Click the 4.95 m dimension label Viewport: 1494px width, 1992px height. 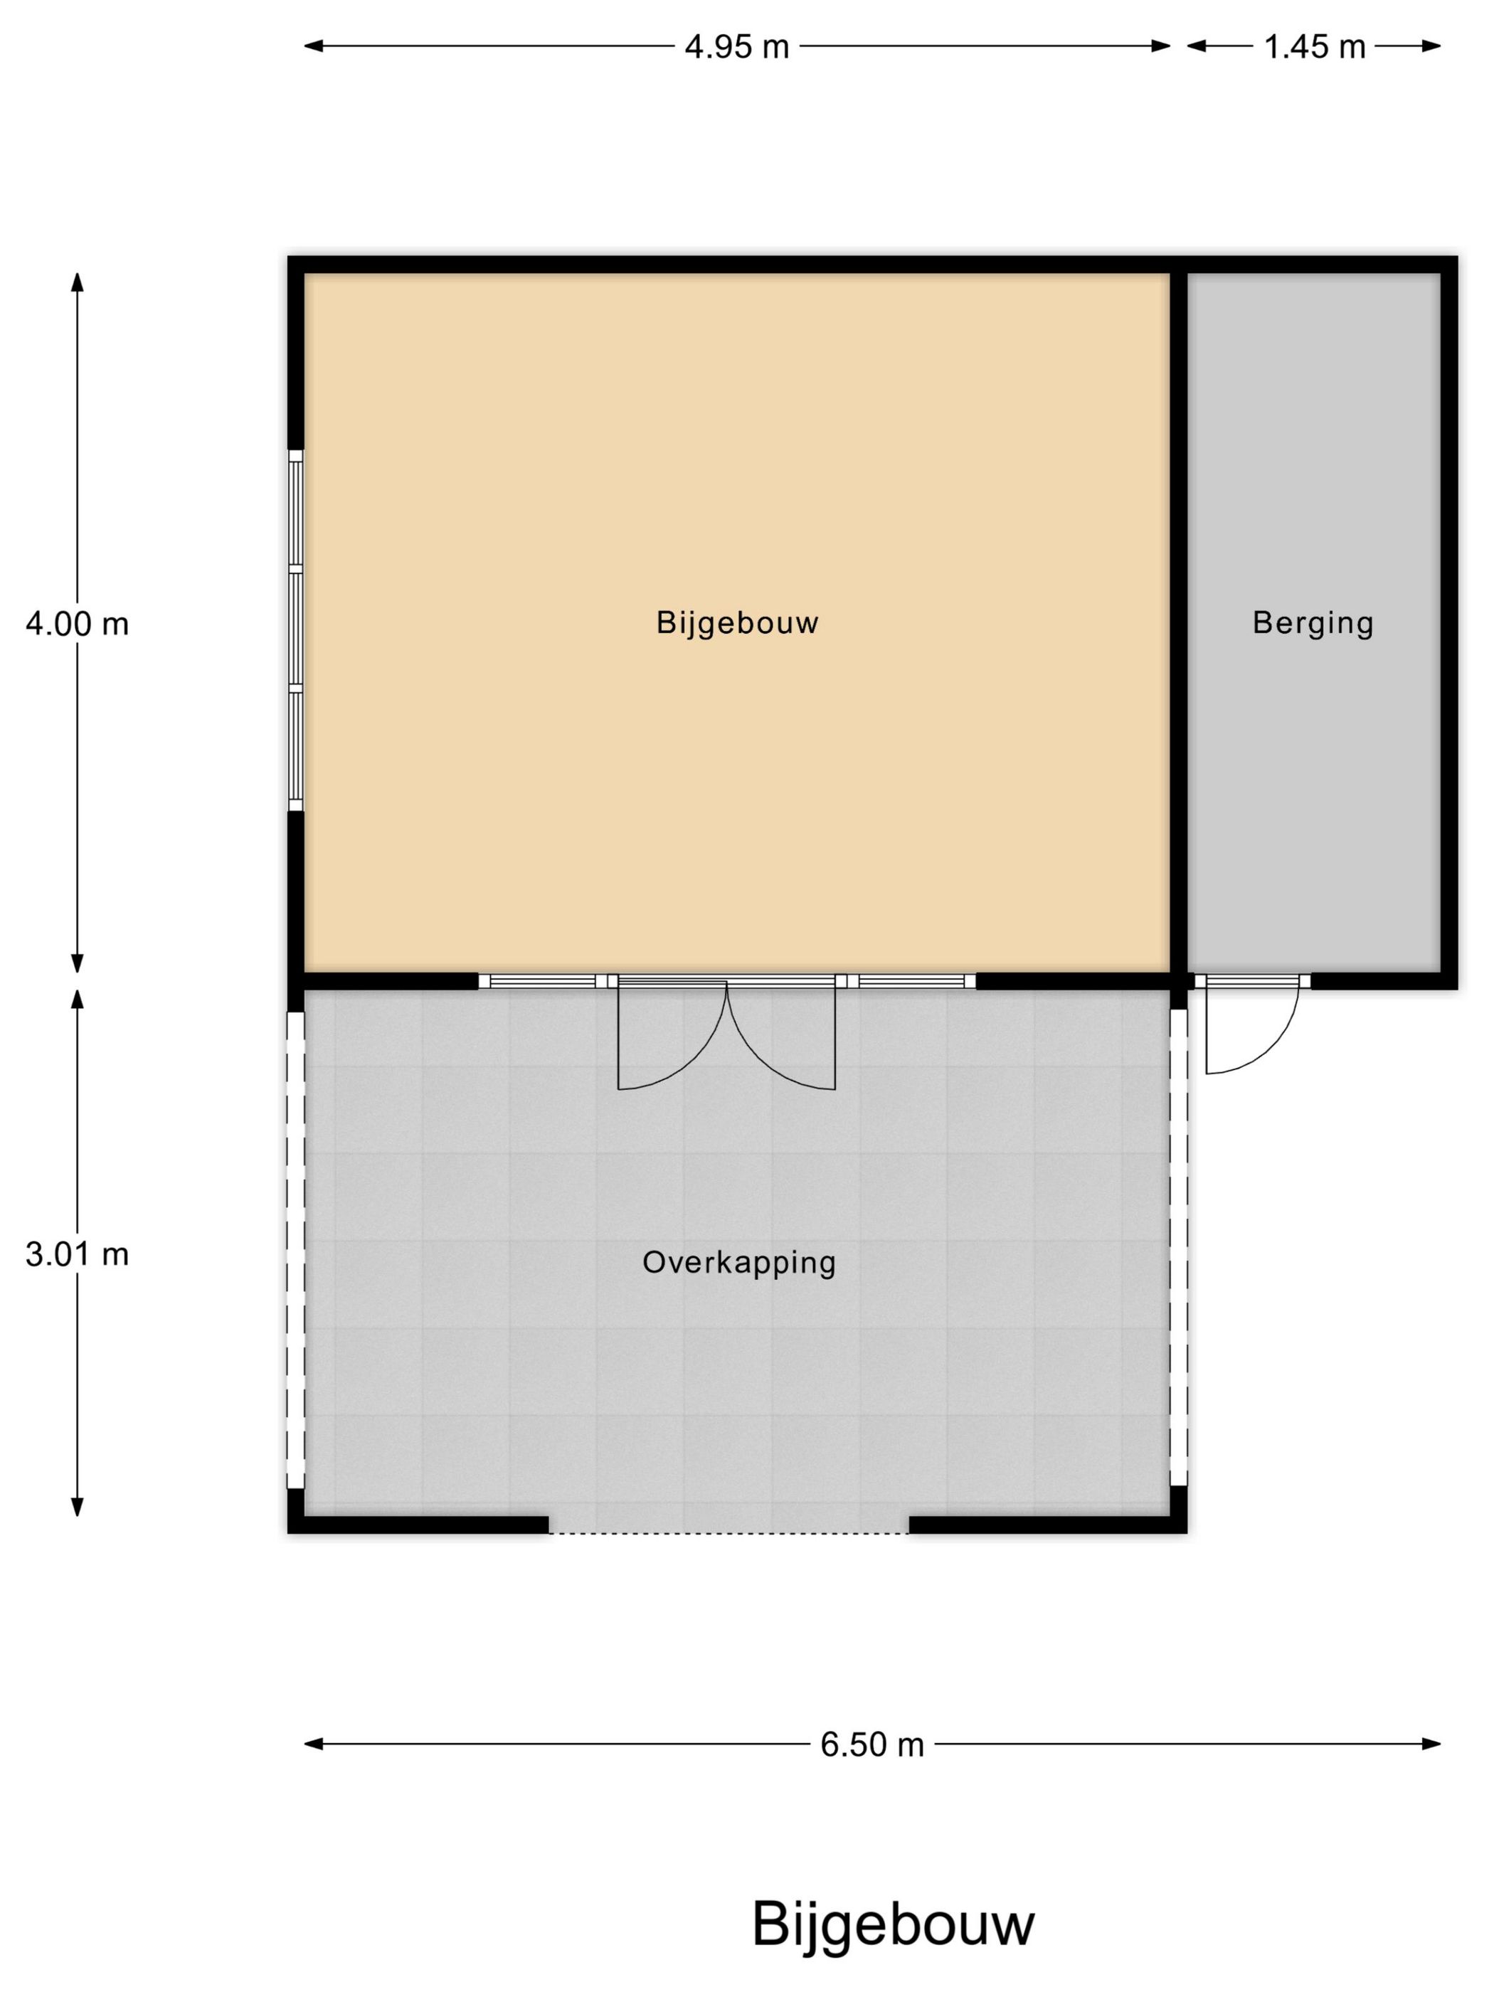point(736,47)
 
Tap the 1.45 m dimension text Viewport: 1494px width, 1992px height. point(1315,47)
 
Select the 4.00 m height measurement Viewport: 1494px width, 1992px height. point(78,623)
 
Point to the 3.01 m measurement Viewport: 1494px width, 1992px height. point(78,1254)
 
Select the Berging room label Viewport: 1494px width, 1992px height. point(1313,623)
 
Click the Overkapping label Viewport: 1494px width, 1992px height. point(739,1263)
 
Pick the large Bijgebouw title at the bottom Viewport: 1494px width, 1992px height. point(894,1924)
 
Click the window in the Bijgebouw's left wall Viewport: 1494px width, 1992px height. point(295,630)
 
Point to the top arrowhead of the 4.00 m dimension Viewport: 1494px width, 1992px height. point(78,282)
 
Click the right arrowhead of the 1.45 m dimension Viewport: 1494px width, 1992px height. point(1431,46)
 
